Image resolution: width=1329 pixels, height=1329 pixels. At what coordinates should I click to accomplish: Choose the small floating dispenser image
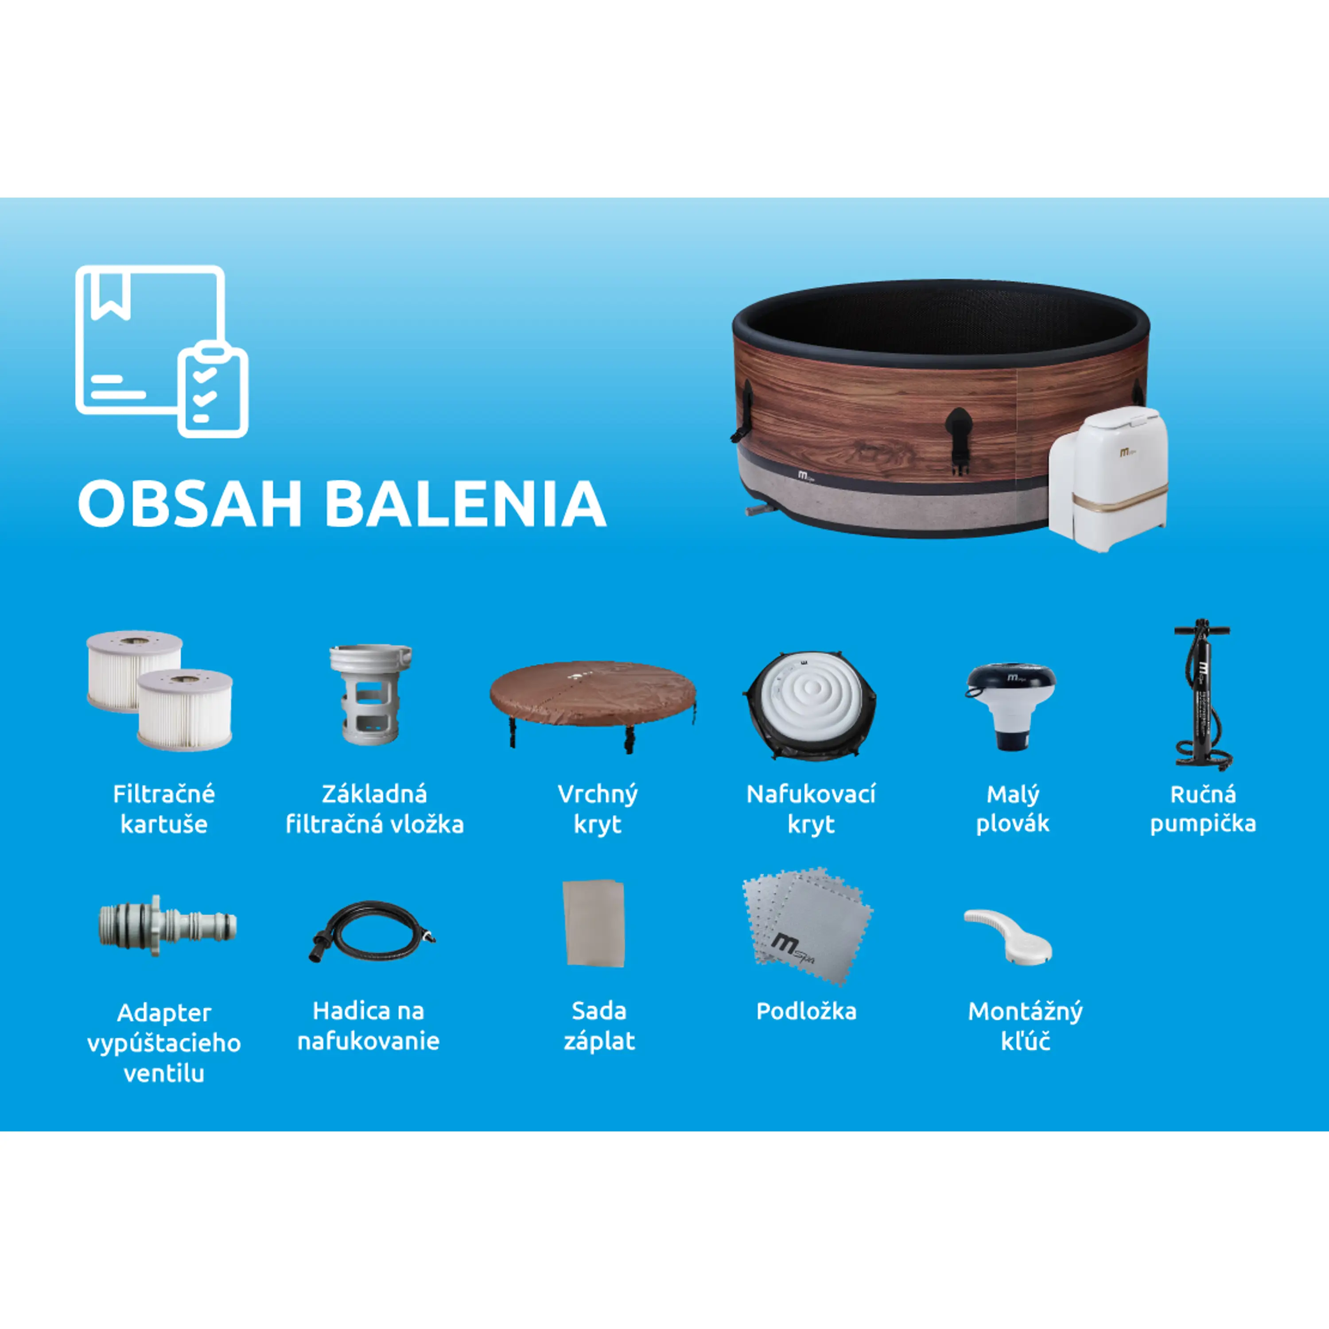point(1010,704)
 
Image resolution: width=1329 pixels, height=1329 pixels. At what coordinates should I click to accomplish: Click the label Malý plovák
point(1013,809)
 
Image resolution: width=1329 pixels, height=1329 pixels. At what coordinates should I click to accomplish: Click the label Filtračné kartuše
point(164,809)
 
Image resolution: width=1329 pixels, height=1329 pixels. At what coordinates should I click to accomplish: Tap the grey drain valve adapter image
point(167,925)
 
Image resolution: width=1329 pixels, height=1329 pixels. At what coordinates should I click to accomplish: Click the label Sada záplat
point(598,1026)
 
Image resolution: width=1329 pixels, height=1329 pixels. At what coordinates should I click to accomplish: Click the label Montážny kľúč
point(1025,1026)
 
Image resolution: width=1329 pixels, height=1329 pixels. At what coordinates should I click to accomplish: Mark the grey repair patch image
point(594,923)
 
